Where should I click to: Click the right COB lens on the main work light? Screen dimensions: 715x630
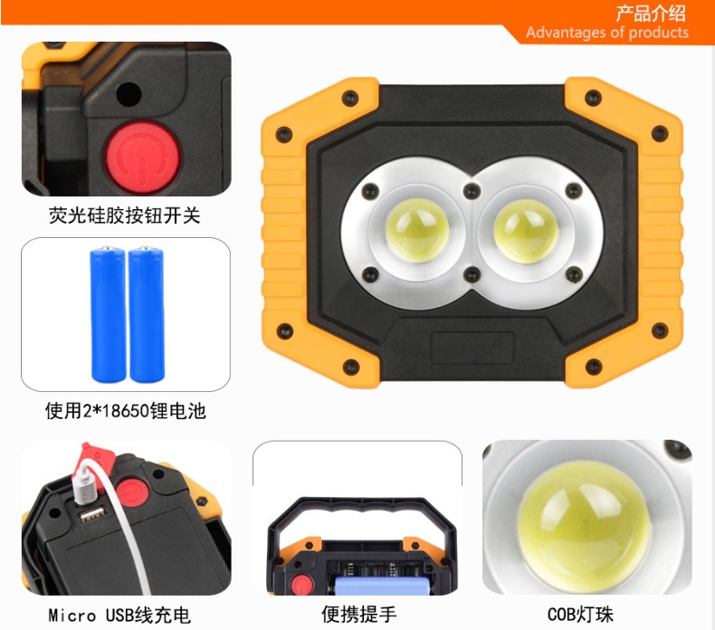click(x=527, y=231)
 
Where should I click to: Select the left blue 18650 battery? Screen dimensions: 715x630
click(x=108, y=315)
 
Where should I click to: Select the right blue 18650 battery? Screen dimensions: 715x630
click(x=147, y=315)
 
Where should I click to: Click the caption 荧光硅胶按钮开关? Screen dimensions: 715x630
click(x=125, y=215)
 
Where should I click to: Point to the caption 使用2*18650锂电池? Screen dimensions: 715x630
click(x=126, y=411)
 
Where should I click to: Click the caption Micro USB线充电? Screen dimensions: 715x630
click(x=119, y=616)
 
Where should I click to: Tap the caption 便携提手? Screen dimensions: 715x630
click(x=359, y=614)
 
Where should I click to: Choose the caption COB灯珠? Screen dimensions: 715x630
click(x=580, y=614)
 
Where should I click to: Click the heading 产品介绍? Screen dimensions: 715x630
click(x=651, y=14)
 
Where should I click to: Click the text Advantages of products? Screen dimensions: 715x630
click(x=607, y=33)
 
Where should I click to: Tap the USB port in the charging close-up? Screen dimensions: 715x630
click(x=92, y=514)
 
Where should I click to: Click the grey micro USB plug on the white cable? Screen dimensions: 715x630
click(x=85, y=487)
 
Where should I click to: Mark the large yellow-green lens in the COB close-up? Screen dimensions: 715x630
click(x=584, y=526)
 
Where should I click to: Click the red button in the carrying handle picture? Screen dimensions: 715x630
click(x=301, y=585)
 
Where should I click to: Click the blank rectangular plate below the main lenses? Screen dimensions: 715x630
click(x=472, y=348)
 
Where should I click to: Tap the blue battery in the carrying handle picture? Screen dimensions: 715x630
click(x=383, y=586)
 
